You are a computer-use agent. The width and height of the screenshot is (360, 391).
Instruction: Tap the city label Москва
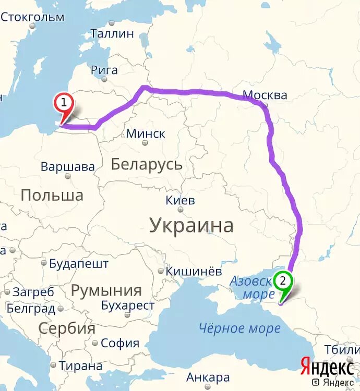pos(265,95)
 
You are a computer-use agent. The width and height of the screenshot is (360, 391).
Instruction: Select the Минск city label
pos(146,133)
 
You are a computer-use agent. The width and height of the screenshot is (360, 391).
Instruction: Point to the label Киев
pos(180,200)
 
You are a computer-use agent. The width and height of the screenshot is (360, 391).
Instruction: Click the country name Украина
pos(191,226)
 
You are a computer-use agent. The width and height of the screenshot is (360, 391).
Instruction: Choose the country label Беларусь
pos(147,165)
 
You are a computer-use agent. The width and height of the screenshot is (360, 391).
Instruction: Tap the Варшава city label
pos(68,167)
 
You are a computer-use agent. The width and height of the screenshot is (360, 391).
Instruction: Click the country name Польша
pos(52,195)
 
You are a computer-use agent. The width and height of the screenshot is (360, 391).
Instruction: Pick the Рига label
pos(104,70)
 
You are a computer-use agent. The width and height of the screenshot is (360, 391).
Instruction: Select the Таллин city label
pos(112,34)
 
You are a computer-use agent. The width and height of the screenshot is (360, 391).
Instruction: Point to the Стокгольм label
pos(32,17)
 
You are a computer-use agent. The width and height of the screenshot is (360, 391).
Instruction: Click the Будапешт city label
pos(79,264)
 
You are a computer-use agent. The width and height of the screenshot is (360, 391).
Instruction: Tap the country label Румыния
pos(106,291)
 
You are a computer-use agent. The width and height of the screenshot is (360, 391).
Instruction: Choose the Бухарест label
pos(127,306)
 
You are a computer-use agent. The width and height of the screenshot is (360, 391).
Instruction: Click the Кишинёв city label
pos(193,271)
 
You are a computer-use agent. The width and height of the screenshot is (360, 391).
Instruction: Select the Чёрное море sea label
pos(239,328)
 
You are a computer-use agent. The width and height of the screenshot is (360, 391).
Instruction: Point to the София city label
pos(120,343)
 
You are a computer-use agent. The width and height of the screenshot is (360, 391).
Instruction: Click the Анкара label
pos(208,377)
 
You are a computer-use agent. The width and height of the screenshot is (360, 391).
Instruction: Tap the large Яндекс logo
pos(327,366)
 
